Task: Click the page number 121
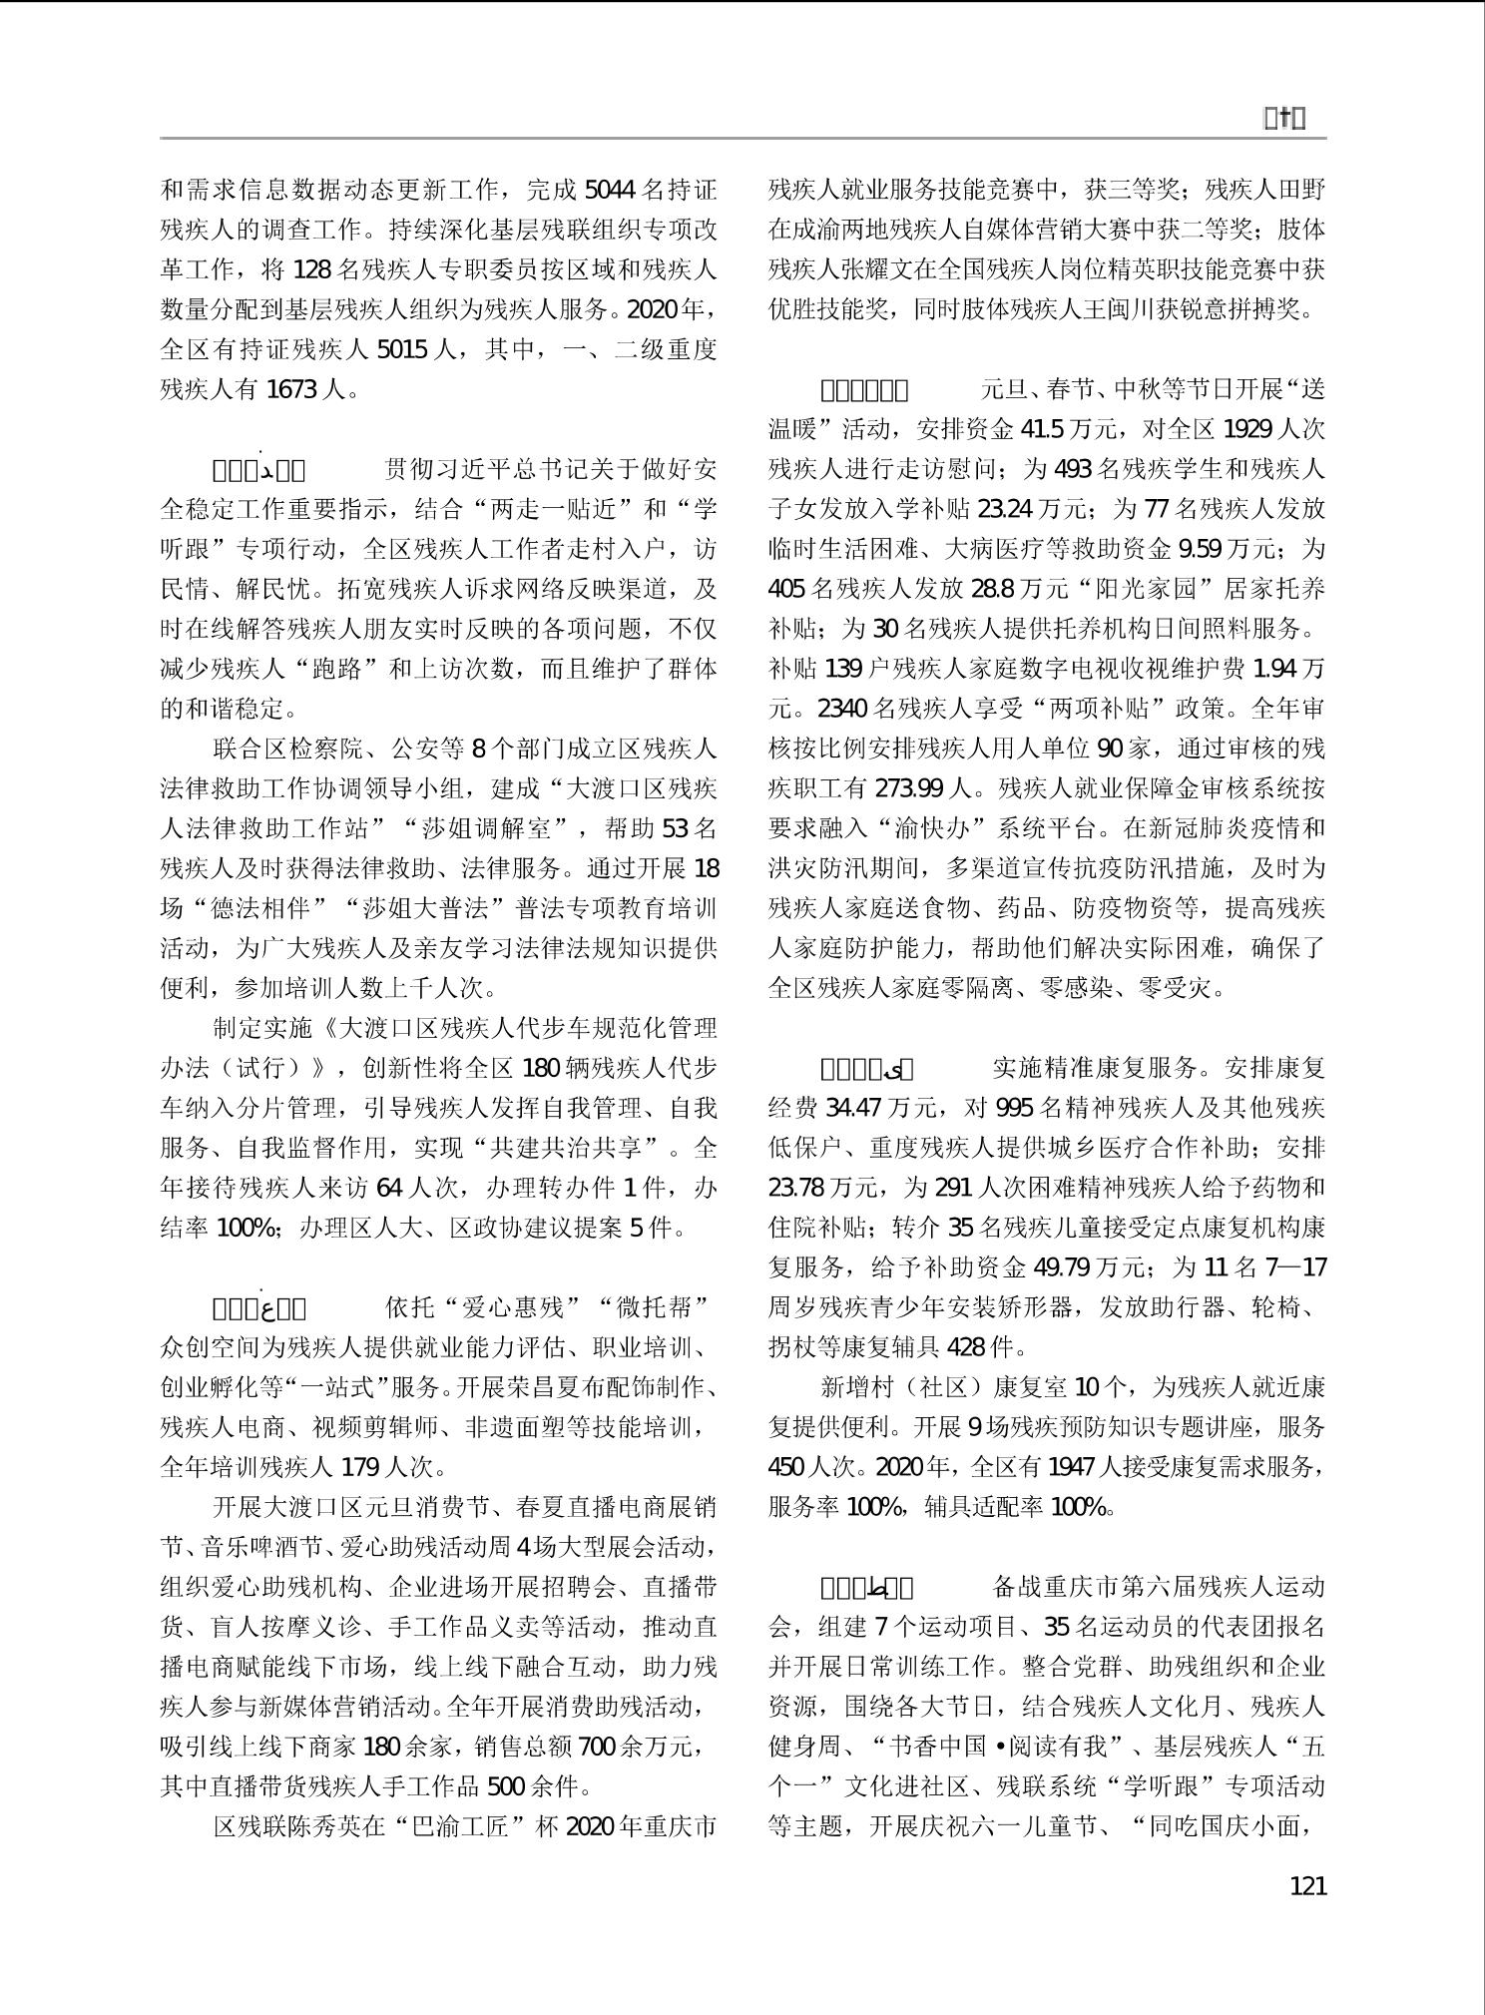[x=1307, y=1885]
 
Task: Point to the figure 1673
[x=291, y=389]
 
